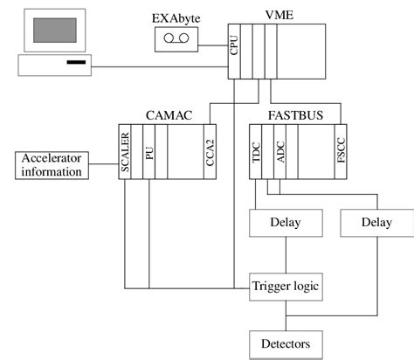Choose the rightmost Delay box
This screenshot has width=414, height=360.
[x=376, y=223]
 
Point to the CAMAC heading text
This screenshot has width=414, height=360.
[x=165, y=114]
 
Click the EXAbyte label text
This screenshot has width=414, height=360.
[x=174, y=15]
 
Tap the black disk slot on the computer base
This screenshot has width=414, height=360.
[x=76, y=65]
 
